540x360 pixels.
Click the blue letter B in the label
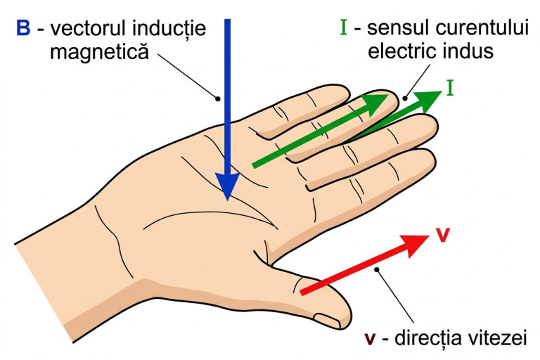click(23, 27)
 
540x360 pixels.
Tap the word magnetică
click(100, 52)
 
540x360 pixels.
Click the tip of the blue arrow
click(227, 200)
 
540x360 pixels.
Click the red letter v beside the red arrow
click(443, 236)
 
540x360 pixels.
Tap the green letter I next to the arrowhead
click(450, 87)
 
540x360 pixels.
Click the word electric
click(400, 51)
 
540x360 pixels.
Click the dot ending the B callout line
click(218, 99)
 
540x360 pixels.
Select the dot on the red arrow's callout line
click(378, 269)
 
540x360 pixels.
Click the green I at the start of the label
click(343, 27)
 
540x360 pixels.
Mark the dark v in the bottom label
click(371, 340)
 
